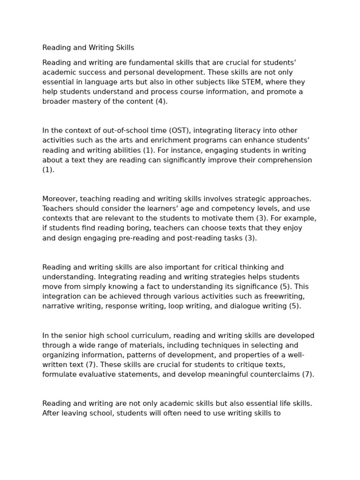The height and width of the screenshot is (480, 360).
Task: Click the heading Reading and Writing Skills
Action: click(x=88, y=48)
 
